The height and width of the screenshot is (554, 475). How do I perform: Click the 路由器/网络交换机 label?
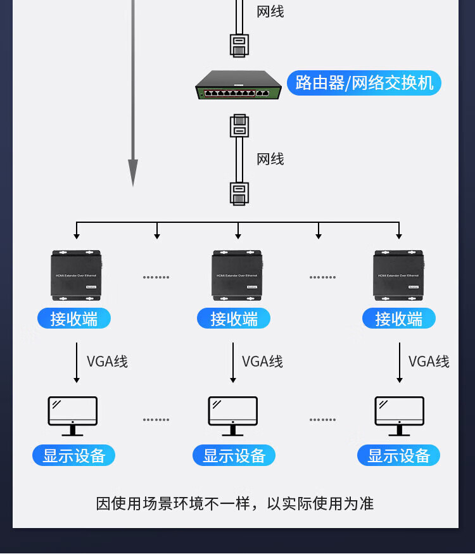pyautogui.click(x=364, y=83)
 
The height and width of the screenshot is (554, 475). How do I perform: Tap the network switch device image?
pyautogui.click(x=238, y=86)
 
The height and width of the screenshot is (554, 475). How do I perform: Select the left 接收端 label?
pyautogui.click(x=74, y=318)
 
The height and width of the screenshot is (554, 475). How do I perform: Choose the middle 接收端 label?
pyautogui.click(x=234, y=318)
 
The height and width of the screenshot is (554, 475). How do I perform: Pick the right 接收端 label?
pyautogui.click(x=398, y=318)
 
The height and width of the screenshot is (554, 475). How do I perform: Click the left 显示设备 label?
pyautogui.click(x=74, y=455)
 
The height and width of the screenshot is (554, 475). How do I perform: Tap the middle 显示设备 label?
pyautogui.click(x=234, y=455)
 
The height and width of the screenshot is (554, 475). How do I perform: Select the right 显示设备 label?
pyautogui.click(x=398, y=455)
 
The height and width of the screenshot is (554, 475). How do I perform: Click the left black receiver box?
pyautogui.click(x=76, y=275)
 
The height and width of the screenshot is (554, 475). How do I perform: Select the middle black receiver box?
pyautogui.click(x=237, y=275)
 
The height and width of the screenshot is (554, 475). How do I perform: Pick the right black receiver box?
pyautogui.click(x=398, y=275)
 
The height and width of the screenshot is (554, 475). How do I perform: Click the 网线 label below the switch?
pyautogui.click(x=270, y=159)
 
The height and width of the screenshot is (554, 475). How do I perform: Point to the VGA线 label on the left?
pyautogui.click(x=107, y=362)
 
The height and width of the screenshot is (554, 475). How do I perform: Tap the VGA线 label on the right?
pyautogui.click(x=429, y=362)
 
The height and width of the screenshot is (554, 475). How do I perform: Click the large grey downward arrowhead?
pyautogui.click(x=133, y=172)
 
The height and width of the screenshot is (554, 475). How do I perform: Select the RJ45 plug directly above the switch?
pyautogui.click(x=239, y=46)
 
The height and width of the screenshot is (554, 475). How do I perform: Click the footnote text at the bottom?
pyautogui.click(x=235, y=503)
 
